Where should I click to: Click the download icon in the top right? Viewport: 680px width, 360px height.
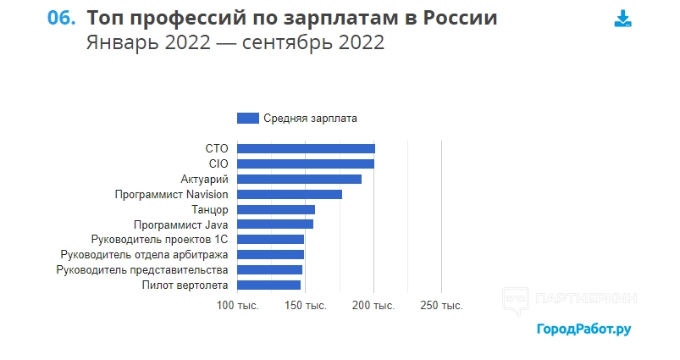click(x=622, y=19)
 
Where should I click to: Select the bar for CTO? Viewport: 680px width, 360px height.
click(x=306, y=149)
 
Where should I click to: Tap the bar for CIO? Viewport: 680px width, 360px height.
click(x=306, y=163)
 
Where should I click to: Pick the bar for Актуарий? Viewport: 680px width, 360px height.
click(x=300, y=179)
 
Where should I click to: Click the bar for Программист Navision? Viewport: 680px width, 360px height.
click(x=290, y=194)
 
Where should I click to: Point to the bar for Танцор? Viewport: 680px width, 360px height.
click(x=276, y=209)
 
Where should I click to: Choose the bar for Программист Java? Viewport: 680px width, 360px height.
click(x=275, y=224)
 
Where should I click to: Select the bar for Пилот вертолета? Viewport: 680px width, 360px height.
click(x=269, y=285)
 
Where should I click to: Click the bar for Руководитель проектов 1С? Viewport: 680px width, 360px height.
click(x=271, y=240)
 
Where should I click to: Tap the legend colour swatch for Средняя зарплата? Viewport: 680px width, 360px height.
click(x=248, y=119)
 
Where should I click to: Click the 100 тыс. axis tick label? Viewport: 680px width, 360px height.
click(x=238, y=305)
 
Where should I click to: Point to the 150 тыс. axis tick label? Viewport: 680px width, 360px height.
click(x=306, y=305)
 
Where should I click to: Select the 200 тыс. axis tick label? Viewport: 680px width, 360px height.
click(x=373, y=305)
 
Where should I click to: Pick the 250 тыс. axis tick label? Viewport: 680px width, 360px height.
click(x=442, y=305)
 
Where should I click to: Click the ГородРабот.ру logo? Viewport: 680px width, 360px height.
click(x=583, y=329)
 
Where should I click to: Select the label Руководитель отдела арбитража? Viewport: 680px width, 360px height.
click(x=145, y=255)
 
